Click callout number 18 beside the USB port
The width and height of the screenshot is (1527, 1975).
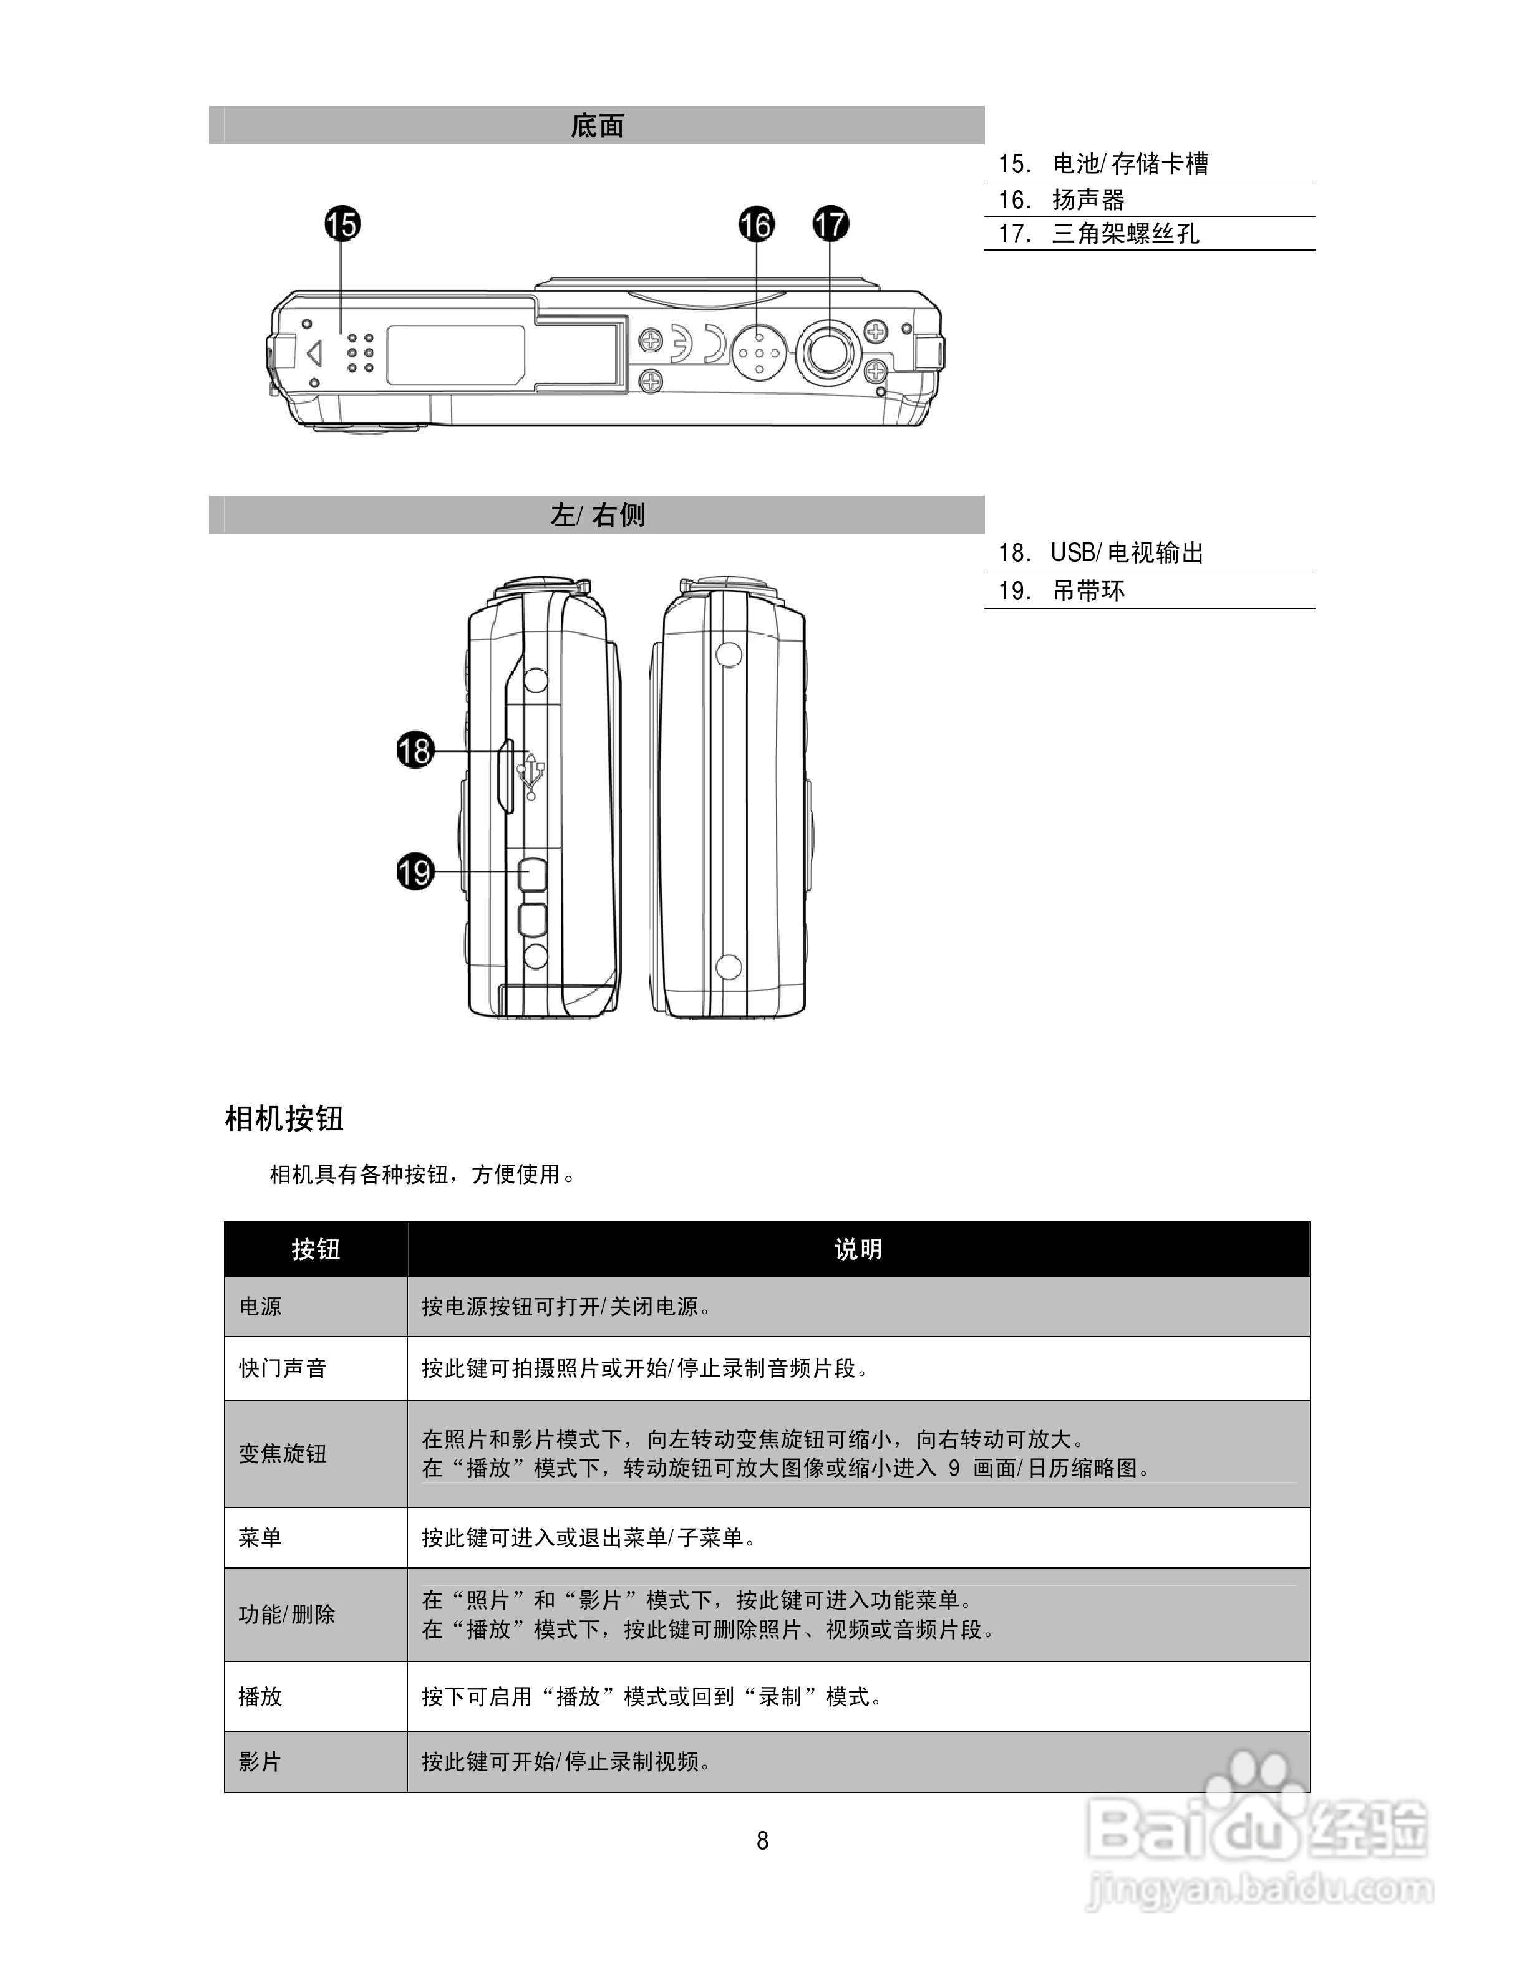pos(415,750)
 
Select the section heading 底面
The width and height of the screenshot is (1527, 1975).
pos(597,126)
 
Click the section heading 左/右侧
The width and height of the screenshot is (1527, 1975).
pos(597,516)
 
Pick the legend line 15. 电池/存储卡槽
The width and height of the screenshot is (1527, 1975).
pos(1103,164)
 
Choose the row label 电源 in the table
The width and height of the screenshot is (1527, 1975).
pos(261,1307)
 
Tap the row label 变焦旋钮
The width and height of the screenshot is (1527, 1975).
pos(282,1453)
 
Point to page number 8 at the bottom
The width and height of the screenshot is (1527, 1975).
pos(763,1840)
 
